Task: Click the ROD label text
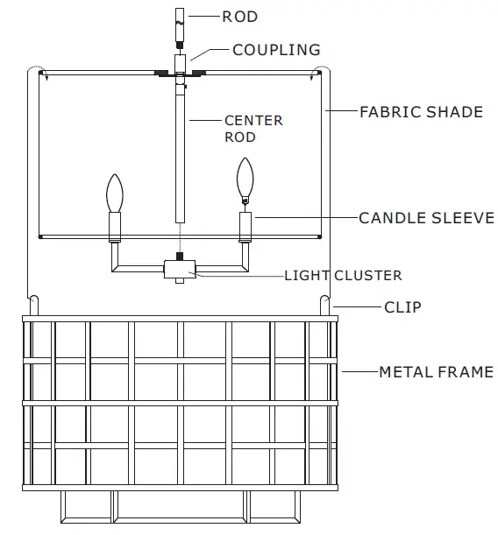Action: click(239, 17)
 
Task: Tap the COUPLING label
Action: click(276, 50)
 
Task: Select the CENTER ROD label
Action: click(253, 129)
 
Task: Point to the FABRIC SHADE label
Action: click(421, 112)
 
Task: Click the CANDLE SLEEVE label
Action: click(426, 217)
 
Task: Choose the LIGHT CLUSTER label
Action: click(343, 275)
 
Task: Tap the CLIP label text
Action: click(402, 307)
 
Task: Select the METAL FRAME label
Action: click(436, 372)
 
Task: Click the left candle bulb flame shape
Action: click(113, 193)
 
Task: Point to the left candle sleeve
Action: click(113, 227)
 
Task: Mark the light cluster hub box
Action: click(179, 270)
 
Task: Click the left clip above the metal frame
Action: click(34, 306)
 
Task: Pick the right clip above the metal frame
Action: click(324, 306)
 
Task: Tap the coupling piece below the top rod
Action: click(179, 63)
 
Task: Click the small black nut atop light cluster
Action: click(179, 257)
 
